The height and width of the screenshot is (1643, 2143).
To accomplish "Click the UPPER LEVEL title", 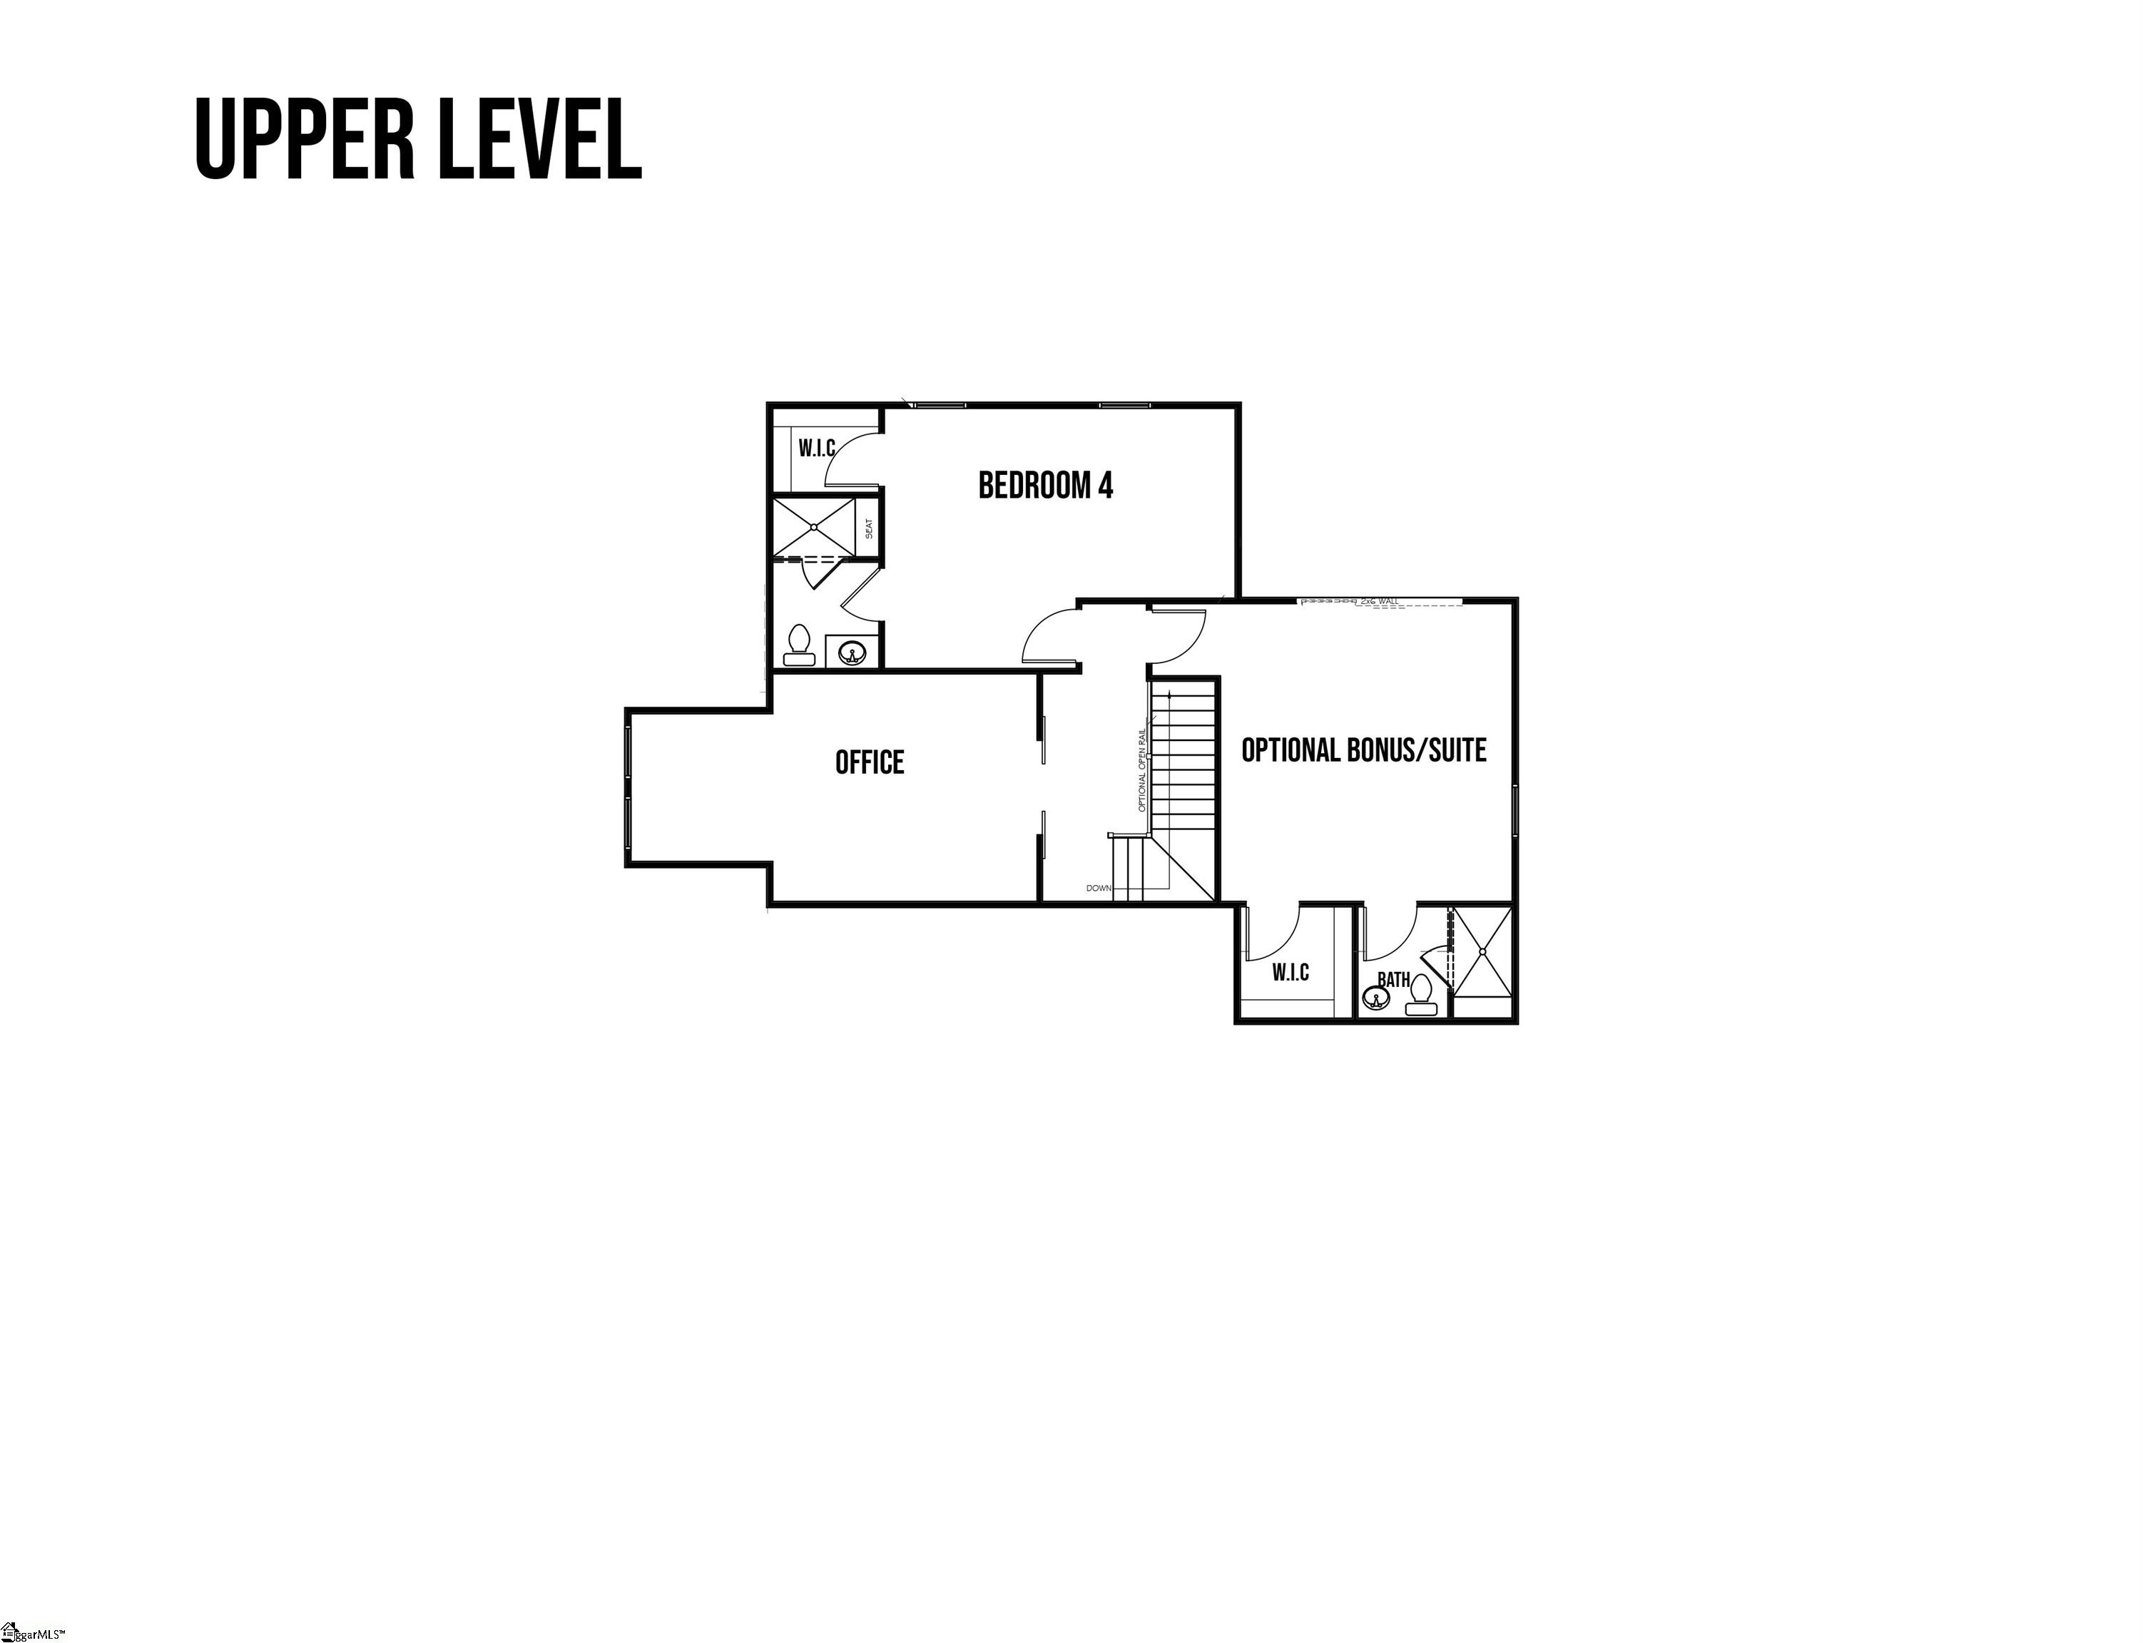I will point(419,139).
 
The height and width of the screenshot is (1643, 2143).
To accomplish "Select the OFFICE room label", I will point(870,762).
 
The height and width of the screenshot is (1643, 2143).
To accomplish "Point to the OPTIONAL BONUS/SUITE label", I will point(1363,750).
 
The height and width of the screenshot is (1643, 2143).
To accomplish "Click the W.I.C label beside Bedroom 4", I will point(817,448).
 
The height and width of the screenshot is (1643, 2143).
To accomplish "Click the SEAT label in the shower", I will point(869,528).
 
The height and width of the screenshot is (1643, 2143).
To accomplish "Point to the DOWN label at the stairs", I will point(1099,888).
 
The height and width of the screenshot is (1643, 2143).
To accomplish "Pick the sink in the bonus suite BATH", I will point(1375,998).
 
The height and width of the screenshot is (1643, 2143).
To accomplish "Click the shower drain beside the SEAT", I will point(814,527).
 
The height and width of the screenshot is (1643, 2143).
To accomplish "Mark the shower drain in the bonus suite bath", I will point(1483,951).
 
